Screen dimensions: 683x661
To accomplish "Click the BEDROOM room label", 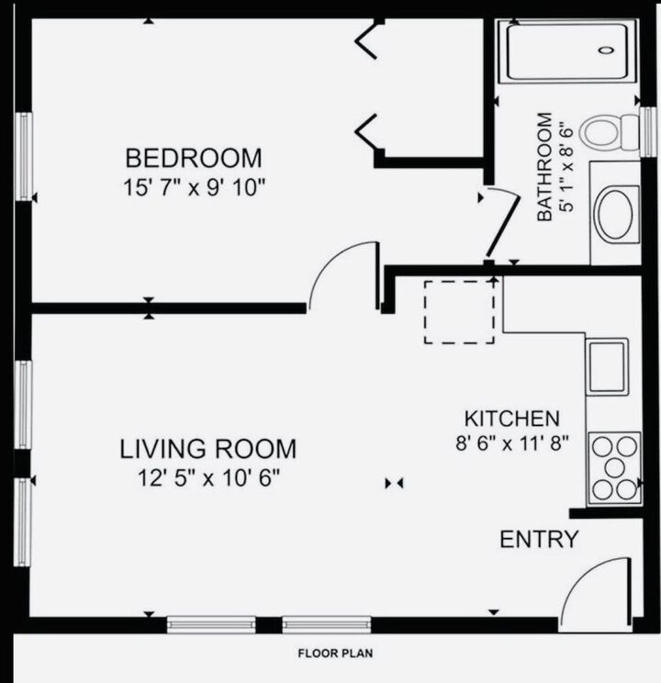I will (194, 158).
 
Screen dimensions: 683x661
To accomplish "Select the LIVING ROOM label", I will (208, 449).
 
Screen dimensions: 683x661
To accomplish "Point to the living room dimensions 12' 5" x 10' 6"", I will (208, 477).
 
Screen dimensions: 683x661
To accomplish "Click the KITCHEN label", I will (511, 419).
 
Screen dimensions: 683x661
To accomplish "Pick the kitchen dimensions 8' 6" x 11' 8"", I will (512, 443).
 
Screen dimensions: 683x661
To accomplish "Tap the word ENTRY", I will (539, 540).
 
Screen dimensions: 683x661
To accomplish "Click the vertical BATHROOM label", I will (544, 166).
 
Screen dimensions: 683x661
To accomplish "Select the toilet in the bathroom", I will (611, 131).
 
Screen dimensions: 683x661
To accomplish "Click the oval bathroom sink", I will (616, 214).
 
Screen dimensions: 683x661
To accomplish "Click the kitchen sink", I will (607, 366).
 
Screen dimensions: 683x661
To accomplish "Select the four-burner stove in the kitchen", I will (614, 467).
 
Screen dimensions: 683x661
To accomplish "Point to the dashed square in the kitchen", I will (459, 313).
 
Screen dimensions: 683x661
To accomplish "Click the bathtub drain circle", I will (607, 51).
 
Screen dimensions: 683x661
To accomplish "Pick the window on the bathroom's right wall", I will (650, 130).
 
